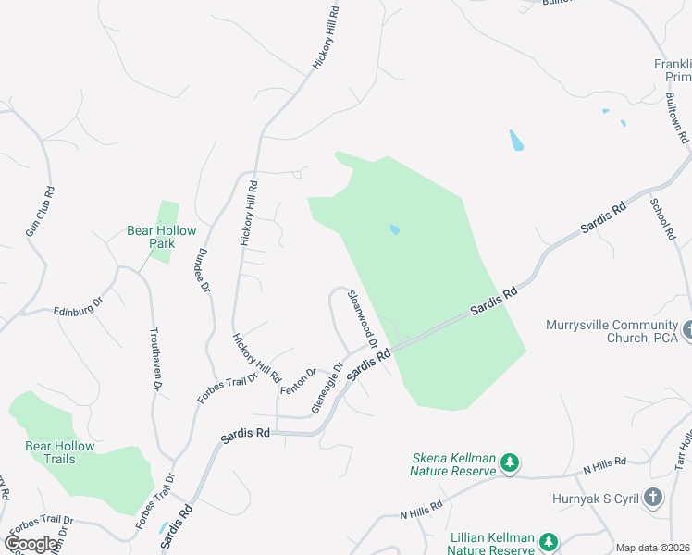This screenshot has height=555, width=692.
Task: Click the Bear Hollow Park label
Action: tap(150, 238)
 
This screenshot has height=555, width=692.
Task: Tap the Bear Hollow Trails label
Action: tap(59, 452)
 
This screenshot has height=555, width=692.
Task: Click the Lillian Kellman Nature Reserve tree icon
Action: tap(550, 541)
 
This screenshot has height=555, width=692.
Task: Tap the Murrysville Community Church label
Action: tap(612, 331)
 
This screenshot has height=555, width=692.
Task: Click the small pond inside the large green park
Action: tap(395, 229)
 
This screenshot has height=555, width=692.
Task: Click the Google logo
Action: tap(31, 543)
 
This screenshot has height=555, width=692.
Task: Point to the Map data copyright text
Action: tap(653, 548)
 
